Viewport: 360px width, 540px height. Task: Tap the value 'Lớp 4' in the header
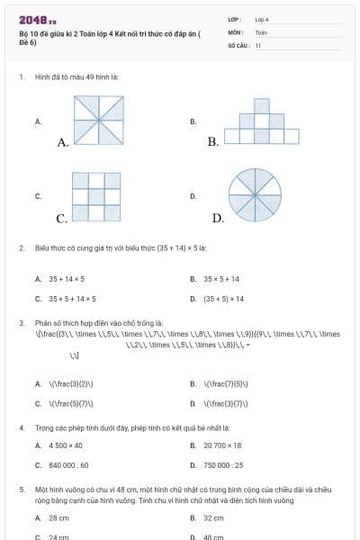tap(262, 18)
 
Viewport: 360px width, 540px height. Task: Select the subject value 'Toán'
tap(261, 31)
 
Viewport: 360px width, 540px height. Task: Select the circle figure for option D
tap(255, 193)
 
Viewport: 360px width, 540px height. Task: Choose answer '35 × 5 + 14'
tap(221, 279)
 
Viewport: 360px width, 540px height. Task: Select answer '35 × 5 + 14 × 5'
tap(72, 298)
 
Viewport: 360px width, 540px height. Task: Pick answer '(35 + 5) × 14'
tap(222, 298)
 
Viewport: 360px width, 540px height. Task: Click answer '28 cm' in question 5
tap(58, 518)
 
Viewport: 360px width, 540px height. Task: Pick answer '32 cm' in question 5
tap(213, 518)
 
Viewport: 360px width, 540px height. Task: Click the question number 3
tap(21, 322)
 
